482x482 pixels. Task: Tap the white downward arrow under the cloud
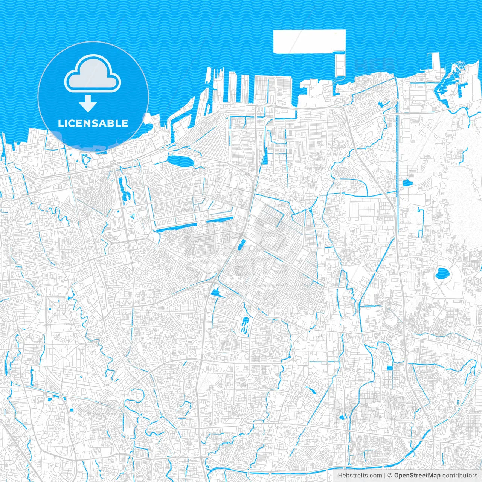(x=88, y=103)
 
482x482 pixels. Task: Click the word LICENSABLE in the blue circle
(x=93, y=123)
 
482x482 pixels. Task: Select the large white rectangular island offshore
(x=309, y=41)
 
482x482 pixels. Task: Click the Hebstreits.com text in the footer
(x=360, y=476)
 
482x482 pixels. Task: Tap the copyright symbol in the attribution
(x=390, y=476)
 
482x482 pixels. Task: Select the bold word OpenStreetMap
(x=417, y=476)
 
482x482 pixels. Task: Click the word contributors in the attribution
(x=459, y=476)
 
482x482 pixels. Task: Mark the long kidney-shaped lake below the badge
(x=124, y=189)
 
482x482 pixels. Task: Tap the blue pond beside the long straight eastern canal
(x=406, y=184)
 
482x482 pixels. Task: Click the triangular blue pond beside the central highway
(x=216, y=292)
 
